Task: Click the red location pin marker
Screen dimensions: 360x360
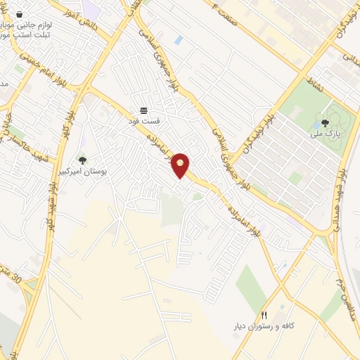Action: (181, 165)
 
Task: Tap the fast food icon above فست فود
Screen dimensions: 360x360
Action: (144, 110)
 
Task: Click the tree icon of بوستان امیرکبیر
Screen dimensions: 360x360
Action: (82, 161)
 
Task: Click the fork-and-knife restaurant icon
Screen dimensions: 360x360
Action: (264, 315)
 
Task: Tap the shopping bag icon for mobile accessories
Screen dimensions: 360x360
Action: (18, 14)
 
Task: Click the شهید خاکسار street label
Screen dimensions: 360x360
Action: (25, 136)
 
